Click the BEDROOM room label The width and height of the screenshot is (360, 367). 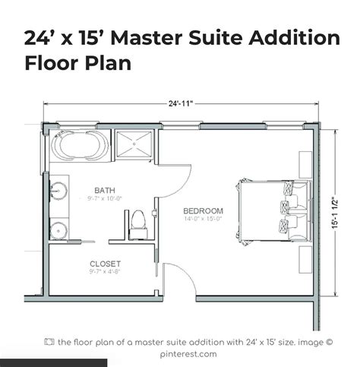click(203, 210)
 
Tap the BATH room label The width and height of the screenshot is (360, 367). click(105, 190)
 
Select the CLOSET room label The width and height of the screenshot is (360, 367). click(106, 264)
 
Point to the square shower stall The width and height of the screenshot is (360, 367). click(134, 144)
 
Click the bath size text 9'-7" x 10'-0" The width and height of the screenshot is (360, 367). click(105, 198)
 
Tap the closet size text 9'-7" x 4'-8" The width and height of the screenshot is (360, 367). click(105, 273)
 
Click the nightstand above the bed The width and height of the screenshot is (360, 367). click(304, 163)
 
